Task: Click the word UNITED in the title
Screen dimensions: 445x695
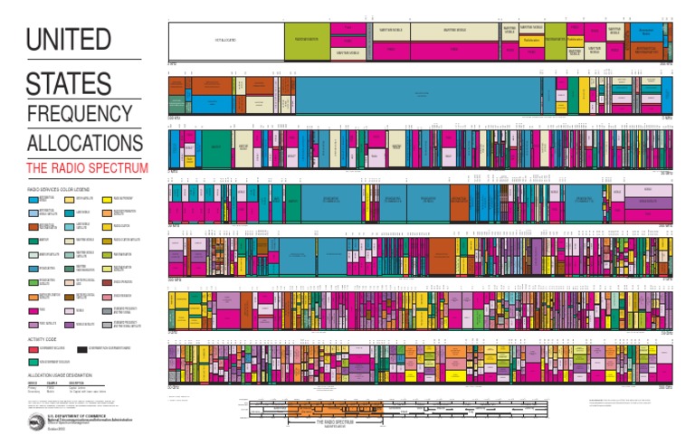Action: (x=69, y=41)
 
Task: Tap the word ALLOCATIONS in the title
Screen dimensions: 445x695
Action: (x=84, y=145)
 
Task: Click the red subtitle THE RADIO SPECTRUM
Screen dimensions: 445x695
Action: (x=87, y=168)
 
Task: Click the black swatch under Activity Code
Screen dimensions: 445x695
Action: (x=82, y=348)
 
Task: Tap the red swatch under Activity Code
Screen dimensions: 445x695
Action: (x=33, y=348)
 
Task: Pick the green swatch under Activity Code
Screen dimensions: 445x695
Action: (x=33, y=361)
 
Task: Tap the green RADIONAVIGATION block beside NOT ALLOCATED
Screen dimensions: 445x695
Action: (x=308, y=41)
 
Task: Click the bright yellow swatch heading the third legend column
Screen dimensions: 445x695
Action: (x=107, y=199)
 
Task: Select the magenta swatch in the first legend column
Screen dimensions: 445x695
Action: (x=33, y=309)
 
